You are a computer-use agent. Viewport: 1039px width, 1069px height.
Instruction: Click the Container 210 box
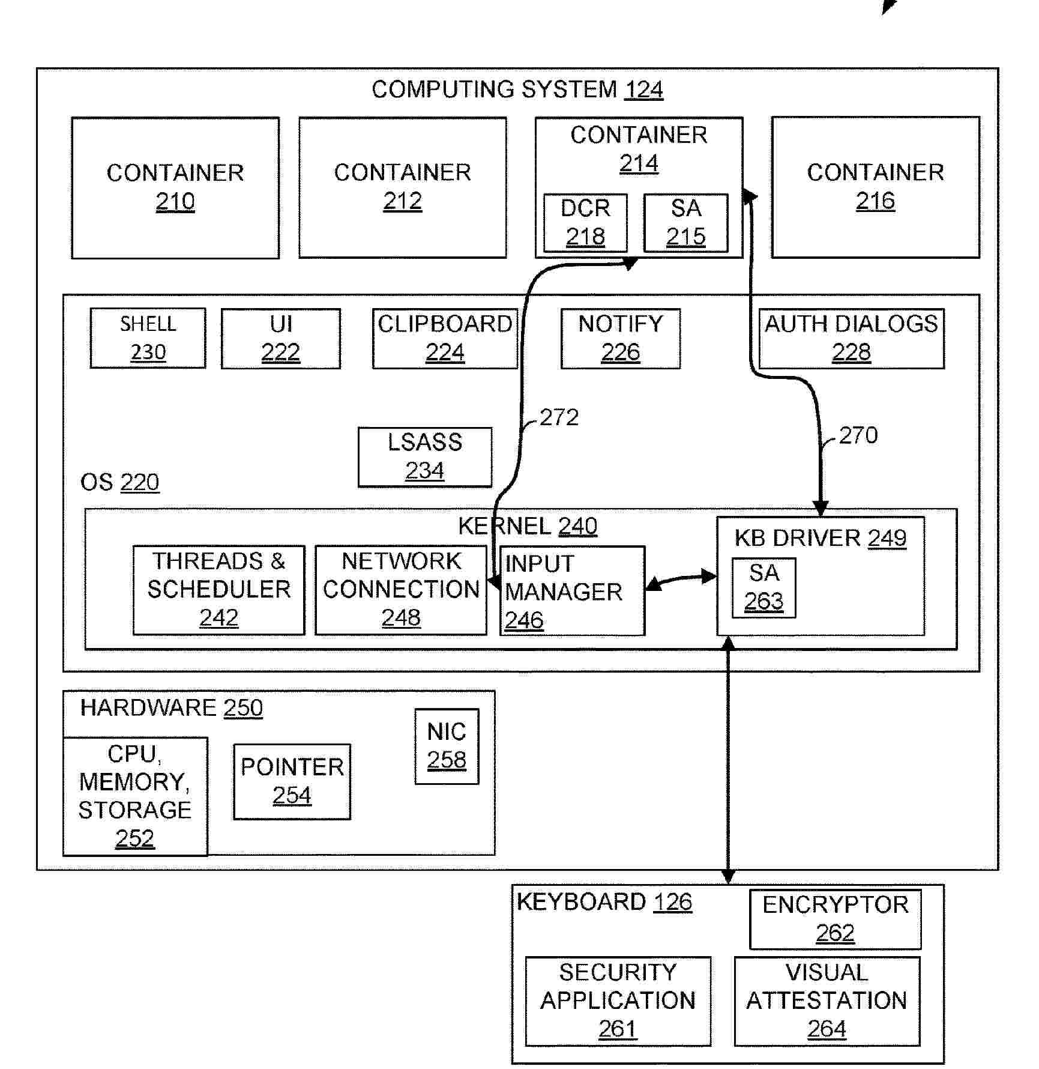[x=175, y=188]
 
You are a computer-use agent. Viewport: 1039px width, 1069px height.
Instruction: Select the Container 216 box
[x=875, y=187]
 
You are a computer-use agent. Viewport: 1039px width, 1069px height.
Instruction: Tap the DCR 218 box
[x=585, y=223]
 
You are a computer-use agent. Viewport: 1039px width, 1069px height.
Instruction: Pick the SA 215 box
[x=685, y=223]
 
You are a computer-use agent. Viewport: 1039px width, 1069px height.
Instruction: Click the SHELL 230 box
[x=148, y=338]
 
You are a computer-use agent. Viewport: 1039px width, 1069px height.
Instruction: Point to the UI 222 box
[x=280, y=339]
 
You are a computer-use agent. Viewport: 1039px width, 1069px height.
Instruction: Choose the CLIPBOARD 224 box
[x=445, y=339]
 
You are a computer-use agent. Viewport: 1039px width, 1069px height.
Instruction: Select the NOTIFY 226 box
[x=621, y=339]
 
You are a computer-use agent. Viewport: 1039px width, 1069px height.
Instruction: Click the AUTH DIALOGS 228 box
[x=851, y=339]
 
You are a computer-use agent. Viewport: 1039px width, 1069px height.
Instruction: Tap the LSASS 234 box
[x=425, y=457]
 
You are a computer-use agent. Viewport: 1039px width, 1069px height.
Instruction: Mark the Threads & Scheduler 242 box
[x=218, y=590]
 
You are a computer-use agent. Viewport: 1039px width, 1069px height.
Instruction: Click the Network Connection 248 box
[x=401, y=590]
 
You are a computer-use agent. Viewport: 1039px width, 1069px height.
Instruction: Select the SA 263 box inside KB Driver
[x=763, y=587]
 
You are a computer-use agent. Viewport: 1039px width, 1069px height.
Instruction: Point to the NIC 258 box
[x=447, y=746]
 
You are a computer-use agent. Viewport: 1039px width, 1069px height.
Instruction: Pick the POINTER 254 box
[x=292, y=781]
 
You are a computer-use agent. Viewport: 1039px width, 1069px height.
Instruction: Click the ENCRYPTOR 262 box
[x=835, y=919]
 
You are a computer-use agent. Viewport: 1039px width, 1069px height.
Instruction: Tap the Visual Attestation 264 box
[x=827, y=1001]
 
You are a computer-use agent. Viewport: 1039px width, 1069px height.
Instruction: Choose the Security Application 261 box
[x=618, y=1001]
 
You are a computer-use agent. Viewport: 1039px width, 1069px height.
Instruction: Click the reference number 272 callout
[x=559, y=417]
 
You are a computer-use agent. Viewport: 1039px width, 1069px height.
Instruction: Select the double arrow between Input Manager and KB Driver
[x=681, y=580]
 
